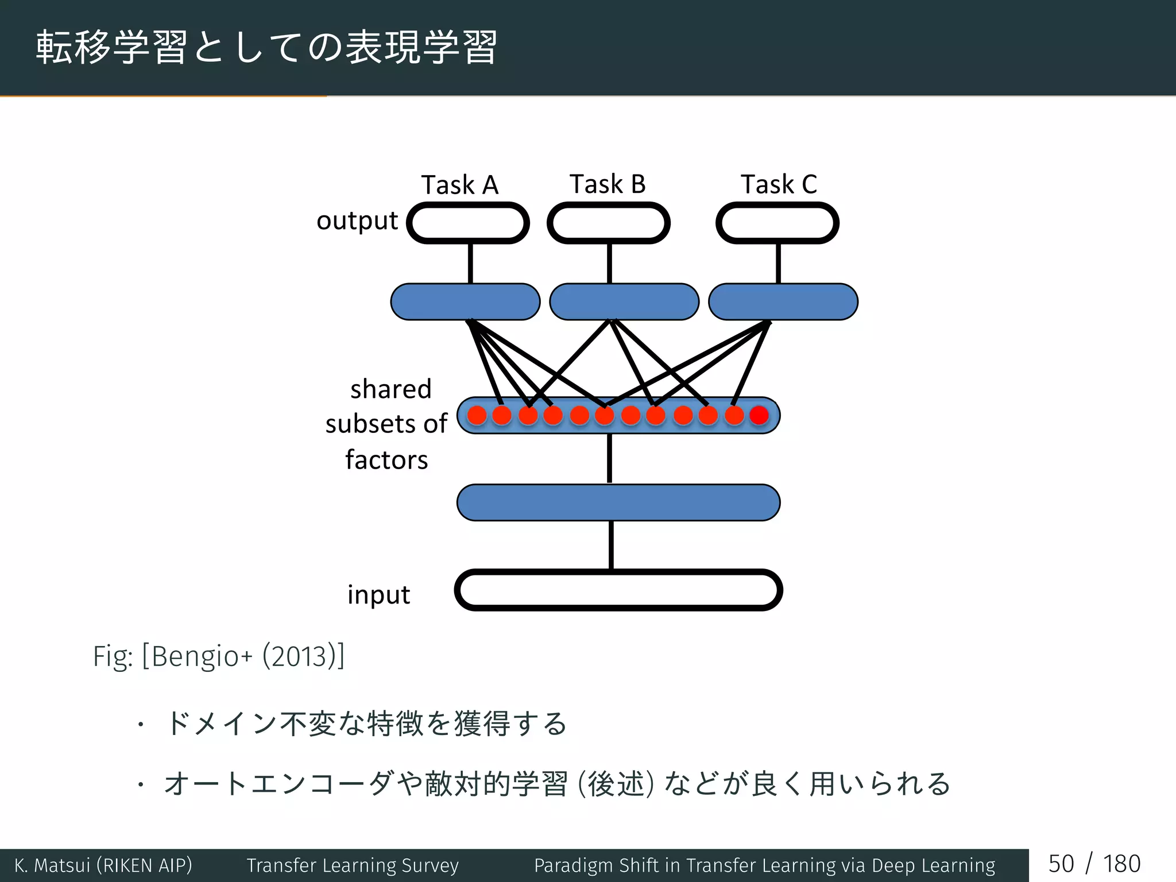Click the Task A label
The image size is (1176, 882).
459,185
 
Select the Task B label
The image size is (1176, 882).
608,184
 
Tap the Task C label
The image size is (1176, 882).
779,184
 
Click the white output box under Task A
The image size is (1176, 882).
468,223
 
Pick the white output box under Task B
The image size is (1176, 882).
609,223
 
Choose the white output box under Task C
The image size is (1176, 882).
777,223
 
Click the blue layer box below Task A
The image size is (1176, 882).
465,301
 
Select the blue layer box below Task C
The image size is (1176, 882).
783,301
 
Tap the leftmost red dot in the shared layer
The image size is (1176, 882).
477,415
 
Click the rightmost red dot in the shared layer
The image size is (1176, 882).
759,415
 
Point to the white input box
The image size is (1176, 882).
618,590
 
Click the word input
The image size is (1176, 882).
378,595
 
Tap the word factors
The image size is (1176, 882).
386,460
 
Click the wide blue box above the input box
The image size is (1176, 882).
618,502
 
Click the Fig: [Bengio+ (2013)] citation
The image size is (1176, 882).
219,656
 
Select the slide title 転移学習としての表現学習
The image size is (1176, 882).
266,47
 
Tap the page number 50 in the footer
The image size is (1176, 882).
1061,864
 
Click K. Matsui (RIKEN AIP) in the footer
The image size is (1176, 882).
103,865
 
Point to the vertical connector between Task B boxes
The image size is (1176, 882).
609,263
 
